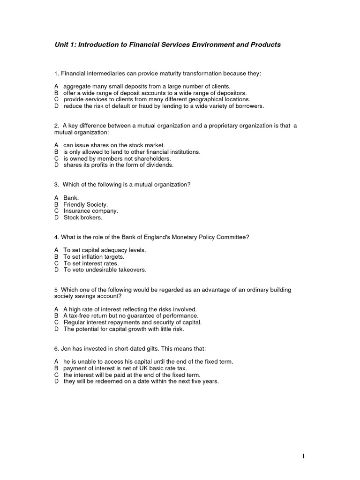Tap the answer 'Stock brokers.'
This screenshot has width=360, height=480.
coord(83,217)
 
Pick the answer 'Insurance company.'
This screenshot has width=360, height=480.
coord(91,211)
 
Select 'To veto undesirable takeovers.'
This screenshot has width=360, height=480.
coord(105,270)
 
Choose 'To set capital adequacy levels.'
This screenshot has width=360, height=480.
coord(105,250)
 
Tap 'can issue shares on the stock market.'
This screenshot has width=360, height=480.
coord(114,145)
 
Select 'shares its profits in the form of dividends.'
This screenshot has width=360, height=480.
coord(118,165)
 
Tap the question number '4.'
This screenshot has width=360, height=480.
coord(57,237)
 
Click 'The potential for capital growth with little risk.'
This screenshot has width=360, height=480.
coord(124,329)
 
